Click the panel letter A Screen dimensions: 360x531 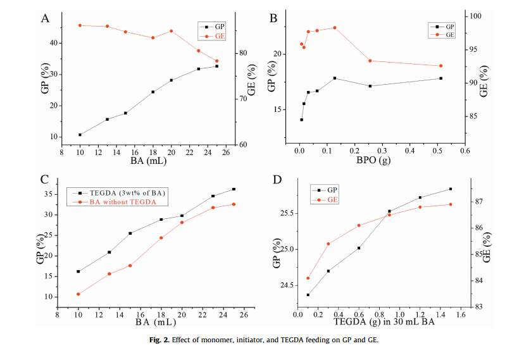click(45, 18)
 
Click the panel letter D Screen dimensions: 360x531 click(277, 180)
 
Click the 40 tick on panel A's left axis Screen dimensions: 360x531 click(53, 43)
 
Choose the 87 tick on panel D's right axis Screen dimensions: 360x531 click(478, 202)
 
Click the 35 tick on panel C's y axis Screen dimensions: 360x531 click(49, 194)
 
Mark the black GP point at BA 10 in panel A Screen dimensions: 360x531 click(80, 135)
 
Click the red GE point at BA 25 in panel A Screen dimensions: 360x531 click(217, 61)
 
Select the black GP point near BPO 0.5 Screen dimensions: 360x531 click(440, 78)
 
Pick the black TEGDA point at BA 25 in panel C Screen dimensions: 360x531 click(234, 189)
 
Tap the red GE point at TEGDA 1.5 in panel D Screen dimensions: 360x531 click(451, 204)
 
